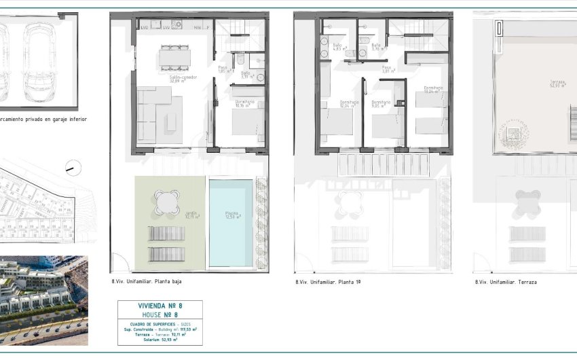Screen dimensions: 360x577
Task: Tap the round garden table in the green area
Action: tap(167, 201)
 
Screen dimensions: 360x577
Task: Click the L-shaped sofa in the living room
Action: tap(153, 112)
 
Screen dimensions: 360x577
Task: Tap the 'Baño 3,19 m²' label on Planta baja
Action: tap(246, 75)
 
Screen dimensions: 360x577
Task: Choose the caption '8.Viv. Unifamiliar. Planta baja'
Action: tap(146, 281)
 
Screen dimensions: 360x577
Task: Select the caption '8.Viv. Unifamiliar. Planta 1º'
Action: tap(328, 281)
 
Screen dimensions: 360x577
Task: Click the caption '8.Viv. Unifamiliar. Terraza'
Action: tap(506, 281)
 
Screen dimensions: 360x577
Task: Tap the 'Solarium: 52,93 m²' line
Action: tap(160, 339)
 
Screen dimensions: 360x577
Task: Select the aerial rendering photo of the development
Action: tap(43, 300)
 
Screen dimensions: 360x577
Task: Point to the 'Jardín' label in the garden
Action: tap(192, 215)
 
